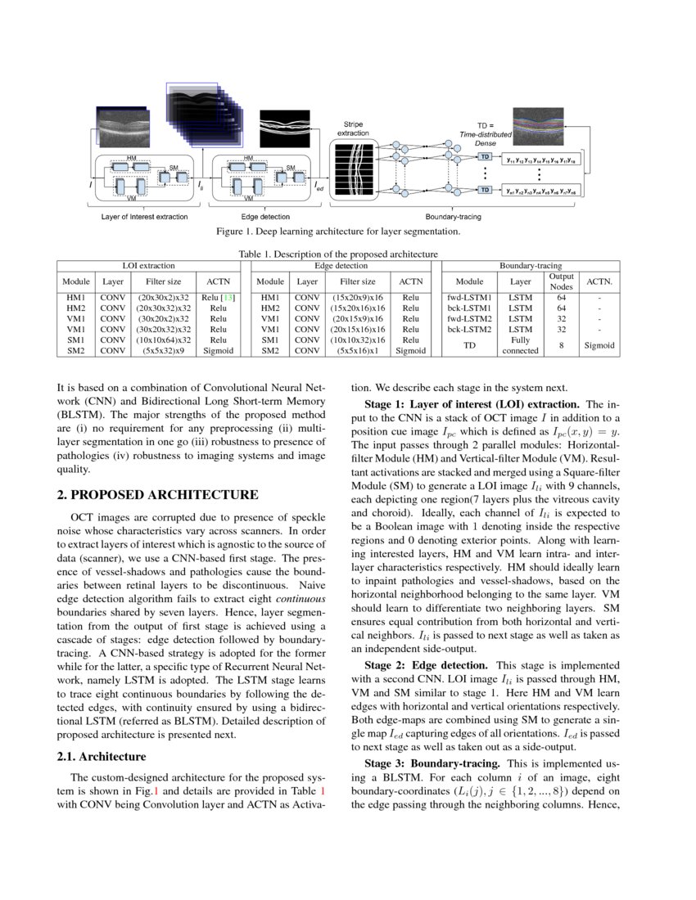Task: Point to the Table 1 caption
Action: [x=337, y=254]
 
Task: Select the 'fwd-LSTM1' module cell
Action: [x=469, y=297]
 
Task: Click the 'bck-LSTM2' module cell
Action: [x=469, y=329]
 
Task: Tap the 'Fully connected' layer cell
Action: [x=521, y=345]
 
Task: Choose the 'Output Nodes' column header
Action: [x=561, y=281]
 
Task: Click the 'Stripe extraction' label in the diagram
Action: [x=353, y=128]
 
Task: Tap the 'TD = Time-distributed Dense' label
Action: [x=486, y=133]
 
